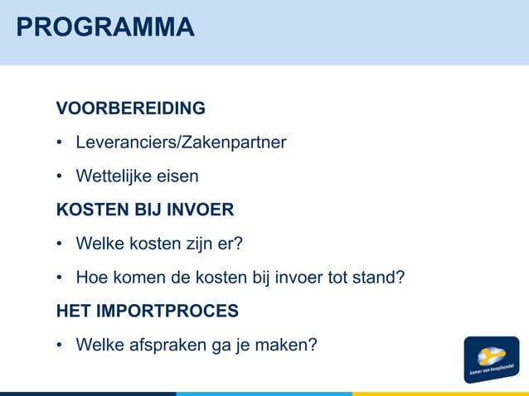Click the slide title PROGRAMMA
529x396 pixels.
[x=105, y=27]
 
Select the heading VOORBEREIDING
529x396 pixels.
[x=130, y=109]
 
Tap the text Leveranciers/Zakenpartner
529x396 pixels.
[x=181, y=142]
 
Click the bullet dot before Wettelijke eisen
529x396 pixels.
[x=60, y=177]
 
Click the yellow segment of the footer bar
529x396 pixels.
[x=439, y=394]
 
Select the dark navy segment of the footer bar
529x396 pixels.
[x=87, y=394]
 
